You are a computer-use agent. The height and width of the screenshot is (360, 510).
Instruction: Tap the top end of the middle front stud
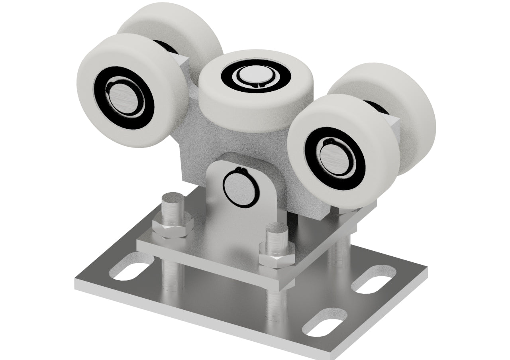click(277, 228)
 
